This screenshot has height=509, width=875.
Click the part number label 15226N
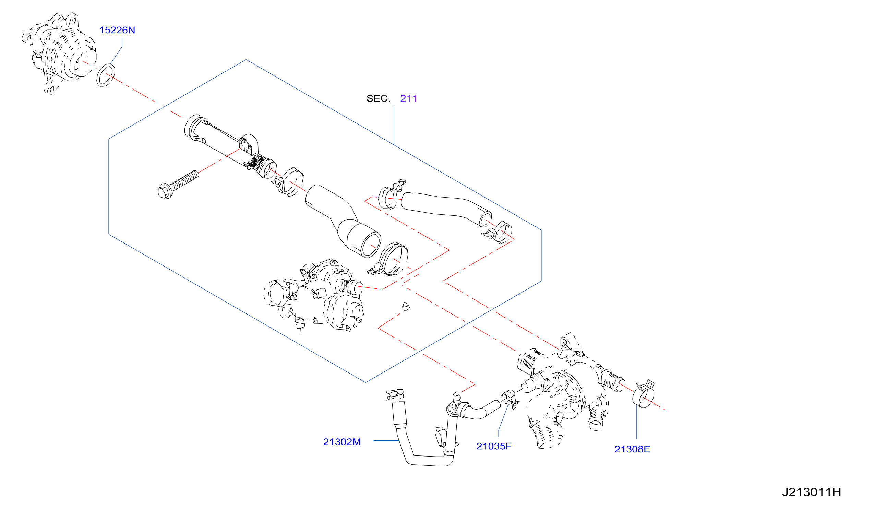tap(117, 30)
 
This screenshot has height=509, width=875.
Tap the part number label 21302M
tap(341, 442)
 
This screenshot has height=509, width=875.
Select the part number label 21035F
tap(494, 447)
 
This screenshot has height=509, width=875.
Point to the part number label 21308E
tap(632, 450)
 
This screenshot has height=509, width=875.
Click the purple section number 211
tap(409, 99)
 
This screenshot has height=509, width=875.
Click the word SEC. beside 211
tap(379, 99)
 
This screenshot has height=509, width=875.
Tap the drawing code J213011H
tap(812, 492)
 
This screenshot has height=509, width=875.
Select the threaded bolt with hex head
tap(178, 185)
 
